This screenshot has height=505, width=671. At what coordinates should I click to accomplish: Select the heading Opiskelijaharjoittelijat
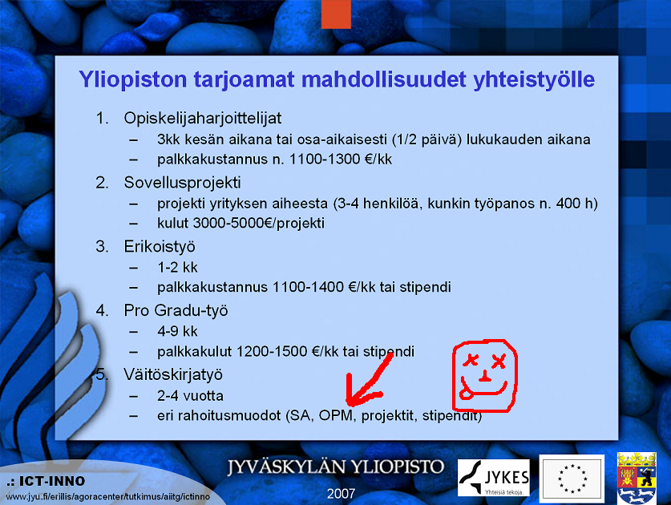pyautogui.click(x=202, y=119)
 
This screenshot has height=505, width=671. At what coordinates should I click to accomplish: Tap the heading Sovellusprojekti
pyautogui.click(x=182, y=183)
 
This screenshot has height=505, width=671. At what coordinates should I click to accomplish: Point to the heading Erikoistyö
pyautogui.click(x=160, y=247)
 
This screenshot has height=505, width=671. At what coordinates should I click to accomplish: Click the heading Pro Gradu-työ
pyautogui.click(x=176, y=311)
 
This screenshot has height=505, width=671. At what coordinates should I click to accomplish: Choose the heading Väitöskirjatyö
pyautogui.click(x=173, y=374)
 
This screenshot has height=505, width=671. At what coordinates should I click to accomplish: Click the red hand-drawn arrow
pyautogui.click(x=369, y=382)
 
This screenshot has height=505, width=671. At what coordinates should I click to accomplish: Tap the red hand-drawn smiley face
pyautogui.click(x=485, y=376)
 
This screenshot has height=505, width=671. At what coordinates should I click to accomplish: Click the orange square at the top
pyautogui.click(x=336, y=14)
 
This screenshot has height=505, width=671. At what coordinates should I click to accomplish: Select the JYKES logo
pyautogui.click(x=493, y=478)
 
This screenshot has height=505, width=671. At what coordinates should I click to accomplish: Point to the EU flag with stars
pyautogui.click(x=572, y=479)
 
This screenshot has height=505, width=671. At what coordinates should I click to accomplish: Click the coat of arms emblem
pyautogui.click(x=637, y=478)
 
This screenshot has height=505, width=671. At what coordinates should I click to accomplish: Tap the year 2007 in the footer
pyautogui.click(x=341, y=494)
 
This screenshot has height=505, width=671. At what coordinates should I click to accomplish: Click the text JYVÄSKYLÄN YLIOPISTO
pyautogui.click(x=335, y=467)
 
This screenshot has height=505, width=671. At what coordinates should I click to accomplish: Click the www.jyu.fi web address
pyautogui.click(x=108, y=497)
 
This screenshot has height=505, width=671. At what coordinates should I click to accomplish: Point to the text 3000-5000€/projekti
pyautogui.click(x=258, y=223)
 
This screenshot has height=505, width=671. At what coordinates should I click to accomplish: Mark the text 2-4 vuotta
pyautogui.click(x=190, y=395)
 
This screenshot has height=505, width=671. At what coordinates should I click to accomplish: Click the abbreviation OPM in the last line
pyautogui.click(x=336, y=415)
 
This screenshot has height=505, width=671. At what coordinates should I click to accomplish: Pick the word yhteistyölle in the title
pyautogui.click(x=534, y=80)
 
